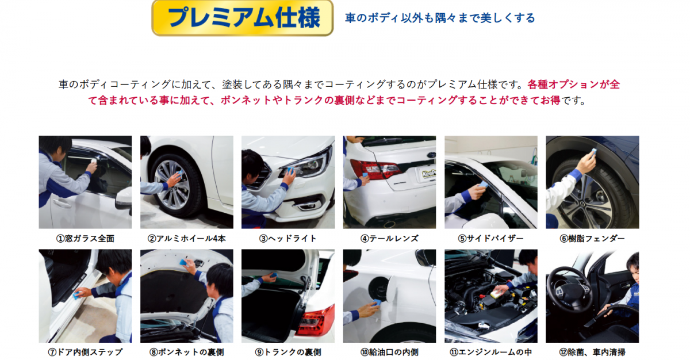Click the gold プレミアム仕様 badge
tap(243, 18)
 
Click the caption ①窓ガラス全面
tap(85, 239)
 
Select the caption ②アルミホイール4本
tap(187, 239)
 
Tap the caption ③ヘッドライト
tap(288, 239)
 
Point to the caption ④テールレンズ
tap(389, 239)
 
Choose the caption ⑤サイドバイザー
tap(490, 239)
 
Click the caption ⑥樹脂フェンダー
tap(592, 239)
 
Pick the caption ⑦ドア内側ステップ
tap(85, 352)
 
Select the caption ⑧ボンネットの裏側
tap(187, 352)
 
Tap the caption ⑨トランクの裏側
tap(288, 352)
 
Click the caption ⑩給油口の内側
tap(389, 352)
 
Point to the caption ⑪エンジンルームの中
tap(490, 352)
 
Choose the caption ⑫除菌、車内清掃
tap(592, 352)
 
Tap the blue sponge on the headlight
tap(291, 170)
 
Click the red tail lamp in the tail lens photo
tap(374, 168)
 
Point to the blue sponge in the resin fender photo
tap(593, 152)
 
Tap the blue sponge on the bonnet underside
tap(183, 262)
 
